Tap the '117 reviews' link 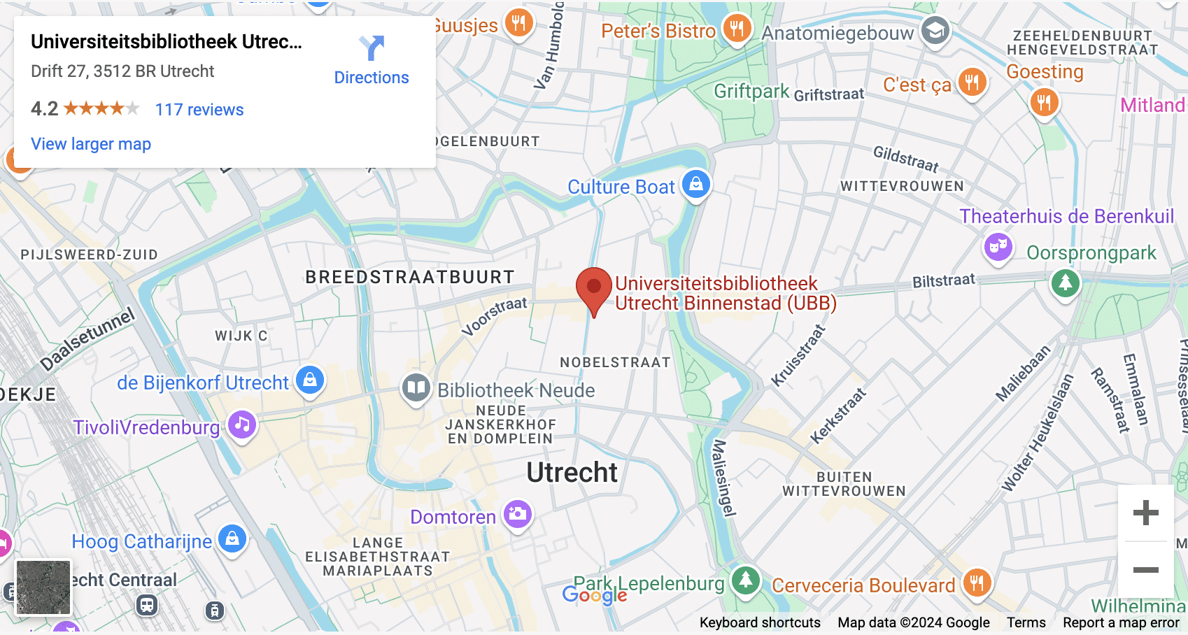[x=199, y=110]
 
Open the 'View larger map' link [x=91, y=144]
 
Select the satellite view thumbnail [x=43, y=587]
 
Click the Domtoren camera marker [x=518, y=514]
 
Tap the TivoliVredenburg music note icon [x=242, y=424]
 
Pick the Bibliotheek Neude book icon [x=416, y=387]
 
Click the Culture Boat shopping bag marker [x=696, y=184]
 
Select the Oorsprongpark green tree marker [x=1066, y=283]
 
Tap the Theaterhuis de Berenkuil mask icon [x=998, y=246]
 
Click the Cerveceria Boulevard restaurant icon [x=977, y=582]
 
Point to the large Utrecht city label [x=572, y=473]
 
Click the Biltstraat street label [x=943, y=280]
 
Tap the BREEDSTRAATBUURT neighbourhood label [x=410, y=277]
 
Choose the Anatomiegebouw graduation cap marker [x=935, y=30]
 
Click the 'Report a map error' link [x=1121, y=622]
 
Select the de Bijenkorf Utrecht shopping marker [x=310, y=380]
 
